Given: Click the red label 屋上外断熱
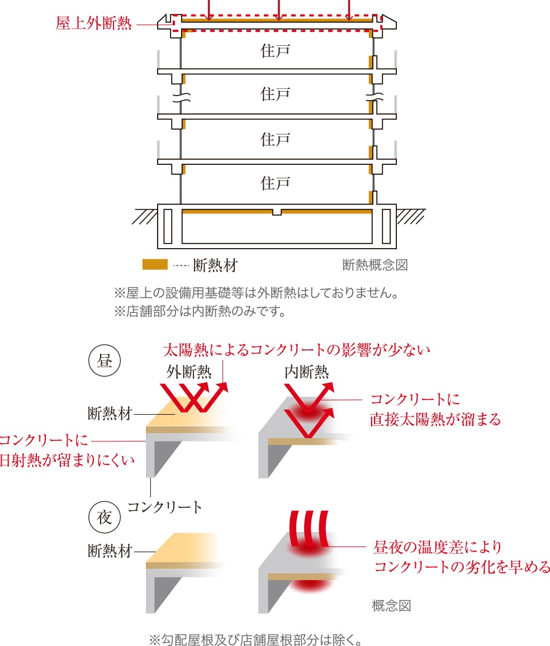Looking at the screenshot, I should tap(93, 24).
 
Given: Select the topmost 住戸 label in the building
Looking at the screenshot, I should tap(275, 51).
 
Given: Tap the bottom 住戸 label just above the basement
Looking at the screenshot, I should tap(275, 183).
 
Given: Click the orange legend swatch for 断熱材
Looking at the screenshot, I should tap(155, 264).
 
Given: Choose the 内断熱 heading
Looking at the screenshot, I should tap(306, 372).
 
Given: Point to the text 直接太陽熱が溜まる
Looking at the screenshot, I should tap(435, 419).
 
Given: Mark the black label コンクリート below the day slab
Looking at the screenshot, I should tap(165, 507).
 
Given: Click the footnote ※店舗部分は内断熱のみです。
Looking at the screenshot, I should tap(200, 310).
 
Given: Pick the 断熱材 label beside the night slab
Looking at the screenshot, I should tap(110, 551).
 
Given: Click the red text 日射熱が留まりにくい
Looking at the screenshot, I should tap(67, 460).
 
